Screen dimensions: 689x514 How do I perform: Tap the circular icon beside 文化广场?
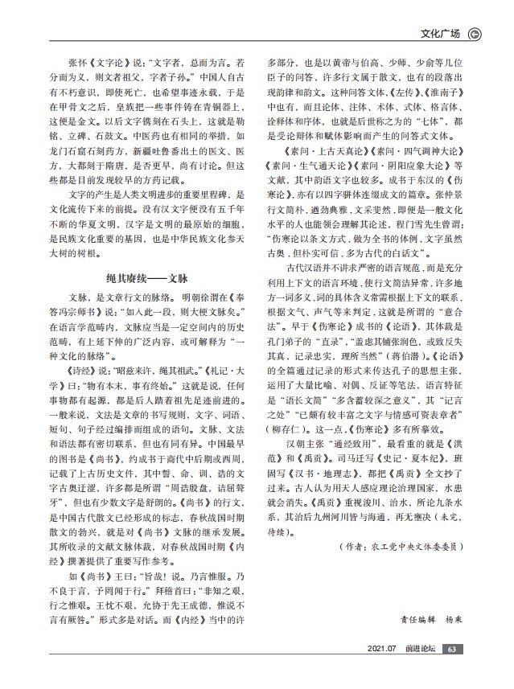[475, 34]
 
